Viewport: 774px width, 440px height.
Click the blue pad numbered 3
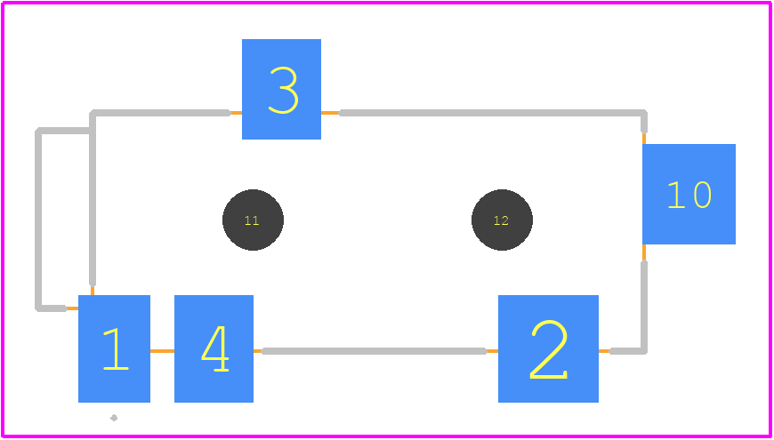pos(281,89)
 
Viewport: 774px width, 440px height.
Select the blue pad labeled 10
pos(689,194)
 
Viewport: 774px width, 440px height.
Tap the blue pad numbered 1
pos(114,348)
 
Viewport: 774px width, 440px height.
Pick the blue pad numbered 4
pos(214,348)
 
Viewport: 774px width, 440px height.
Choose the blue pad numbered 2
pos(548,348)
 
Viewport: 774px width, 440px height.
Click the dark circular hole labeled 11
pos(253,220)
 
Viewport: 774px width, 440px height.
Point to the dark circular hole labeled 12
pos(502,220)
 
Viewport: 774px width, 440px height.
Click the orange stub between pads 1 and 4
pos(163,351)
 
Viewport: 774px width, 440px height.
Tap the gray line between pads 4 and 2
pos(375,351)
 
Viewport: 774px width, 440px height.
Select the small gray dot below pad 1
pos(114,419)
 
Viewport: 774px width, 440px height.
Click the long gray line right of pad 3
pos(492,113)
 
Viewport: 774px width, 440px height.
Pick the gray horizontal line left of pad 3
pos(161,113)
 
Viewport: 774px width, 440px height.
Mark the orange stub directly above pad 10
pos(644,138)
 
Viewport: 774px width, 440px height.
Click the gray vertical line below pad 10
pos(644,306)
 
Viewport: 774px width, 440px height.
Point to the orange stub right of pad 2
pos(605,351)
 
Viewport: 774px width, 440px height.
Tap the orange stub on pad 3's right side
pos(330,113)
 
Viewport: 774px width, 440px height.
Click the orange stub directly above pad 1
pos(93,290)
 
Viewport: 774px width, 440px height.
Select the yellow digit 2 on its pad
pos(548,349)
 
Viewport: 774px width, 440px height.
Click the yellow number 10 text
pos(689,195)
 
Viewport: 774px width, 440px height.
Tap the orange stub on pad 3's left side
pos(236,113)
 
